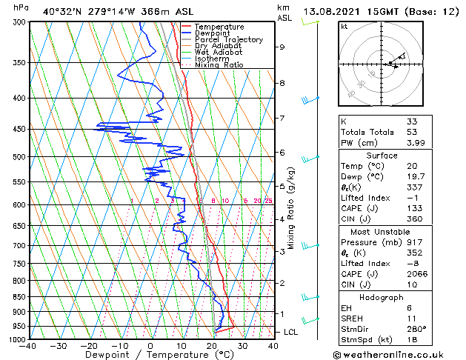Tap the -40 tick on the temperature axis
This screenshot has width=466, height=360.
pyautogui.click(x=29, y=346)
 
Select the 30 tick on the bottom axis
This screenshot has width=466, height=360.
pyautogui.click(x=242, y=346)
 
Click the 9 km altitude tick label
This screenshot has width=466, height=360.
pyautogui.click(x=282, y=47)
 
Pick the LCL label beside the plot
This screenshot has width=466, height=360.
pyautogui.click(x=291, y=332)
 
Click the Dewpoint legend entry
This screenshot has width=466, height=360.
pyautogui.click(x=213, y=33)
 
